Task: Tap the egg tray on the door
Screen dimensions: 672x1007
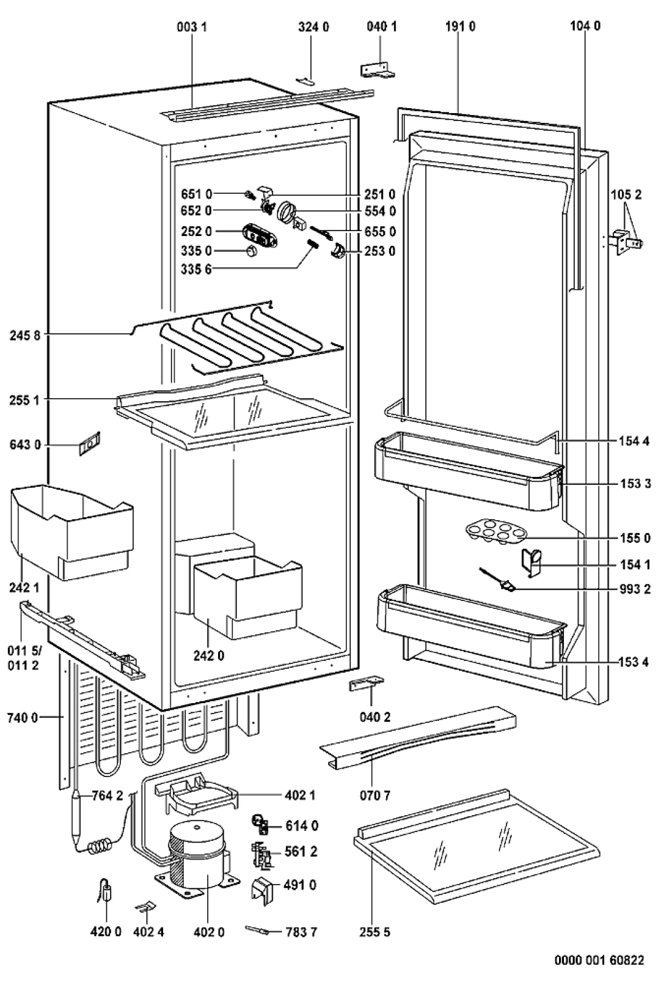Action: pos(495,533)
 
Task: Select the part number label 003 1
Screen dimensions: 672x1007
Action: pos(192,27)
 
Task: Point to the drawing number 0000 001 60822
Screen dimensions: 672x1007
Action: pos(599,961)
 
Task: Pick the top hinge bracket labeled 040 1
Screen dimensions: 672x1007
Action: pos(378,70)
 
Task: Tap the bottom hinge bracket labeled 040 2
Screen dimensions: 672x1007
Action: pos(366,684)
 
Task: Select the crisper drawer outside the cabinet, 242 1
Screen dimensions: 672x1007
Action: pos(72,532)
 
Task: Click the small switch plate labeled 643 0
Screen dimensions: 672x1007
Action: pos(90,444)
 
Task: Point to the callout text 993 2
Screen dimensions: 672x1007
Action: pos(635,589)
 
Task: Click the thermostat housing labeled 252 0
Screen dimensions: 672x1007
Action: pos(260,235)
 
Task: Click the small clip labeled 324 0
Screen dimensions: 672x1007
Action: pos(305,81)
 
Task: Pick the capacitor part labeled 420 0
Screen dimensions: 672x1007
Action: pos(106,891)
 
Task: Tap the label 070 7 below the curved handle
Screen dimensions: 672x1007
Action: pos(375,795)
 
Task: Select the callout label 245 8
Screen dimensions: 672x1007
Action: pos(24,336)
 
